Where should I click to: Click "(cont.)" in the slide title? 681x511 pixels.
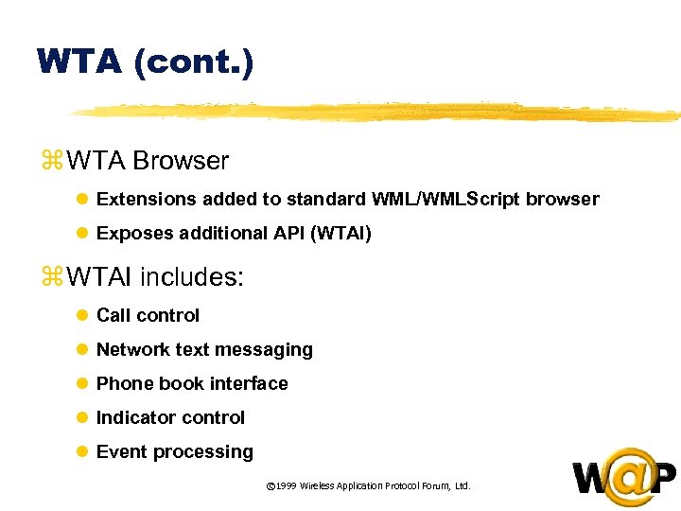click(x=194, y=62)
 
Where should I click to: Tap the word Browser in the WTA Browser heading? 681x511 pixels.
click(x=181, y=161)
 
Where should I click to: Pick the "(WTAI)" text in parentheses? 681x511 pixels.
click(x=340, y=233)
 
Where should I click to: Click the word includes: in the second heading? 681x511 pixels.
click(x=192, y=277)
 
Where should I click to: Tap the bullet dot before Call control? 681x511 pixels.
click(x=82, y=315)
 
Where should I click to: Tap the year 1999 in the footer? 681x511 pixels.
click(x=286, y=485)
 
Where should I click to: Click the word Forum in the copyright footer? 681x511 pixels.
click(x=432, y=485)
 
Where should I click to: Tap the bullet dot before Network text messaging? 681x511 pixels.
click(x=82, y=350)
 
